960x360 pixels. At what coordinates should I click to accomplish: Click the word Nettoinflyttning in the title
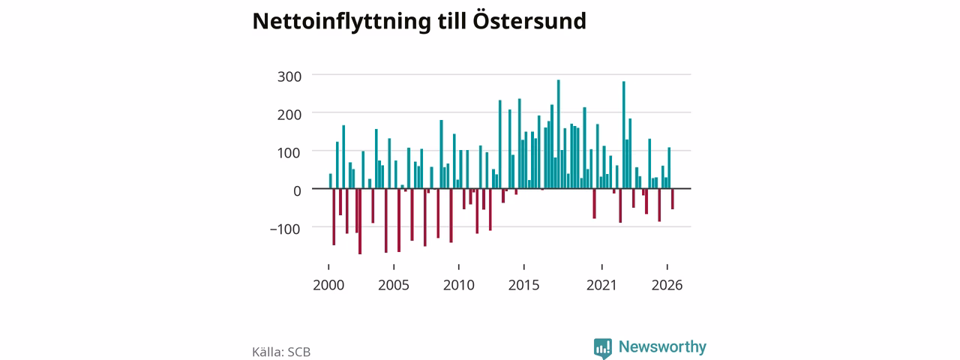(x=341, y=22)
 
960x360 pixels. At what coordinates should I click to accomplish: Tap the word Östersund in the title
(x=529, y=19)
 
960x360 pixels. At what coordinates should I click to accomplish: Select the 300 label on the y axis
(x=289, y=76)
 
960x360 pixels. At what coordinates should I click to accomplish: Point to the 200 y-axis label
(x=289, y=115)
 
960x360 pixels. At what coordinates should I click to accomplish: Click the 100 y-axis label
(x=289, y=153)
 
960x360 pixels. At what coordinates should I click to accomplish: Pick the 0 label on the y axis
(x=297, y=190)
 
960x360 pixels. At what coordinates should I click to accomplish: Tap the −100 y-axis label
(x=285, y=229)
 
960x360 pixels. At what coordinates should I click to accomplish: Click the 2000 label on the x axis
(x=328, y=286)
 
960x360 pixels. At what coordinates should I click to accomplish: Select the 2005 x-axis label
(x=394, y=286)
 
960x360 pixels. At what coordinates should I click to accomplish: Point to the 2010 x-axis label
(x=459, y=286)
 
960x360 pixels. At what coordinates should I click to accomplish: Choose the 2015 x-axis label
(x=524, y=286)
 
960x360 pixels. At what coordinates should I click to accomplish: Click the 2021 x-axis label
(x=601, y=286)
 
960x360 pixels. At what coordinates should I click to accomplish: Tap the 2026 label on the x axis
(x=667, y=286)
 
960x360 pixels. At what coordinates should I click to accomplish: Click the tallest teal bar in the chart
(x=559, y=133)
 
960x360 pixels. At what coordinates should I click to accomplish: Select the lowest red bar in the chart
(x=360, y=221)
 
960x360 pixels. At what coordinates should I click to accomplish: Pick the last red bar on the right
(x=673, y=199)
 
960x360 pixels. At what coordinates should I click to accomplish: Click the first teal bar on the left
(x=331, y=181)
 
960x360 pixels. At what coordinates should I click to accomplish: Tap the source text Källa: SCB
(x=281, y=352)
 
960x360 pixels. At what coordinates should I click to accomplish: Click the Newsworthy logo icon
(x=603, y=348)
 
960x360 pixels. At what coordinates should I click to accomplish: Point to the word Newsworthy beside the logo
(x=662, y=346)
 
